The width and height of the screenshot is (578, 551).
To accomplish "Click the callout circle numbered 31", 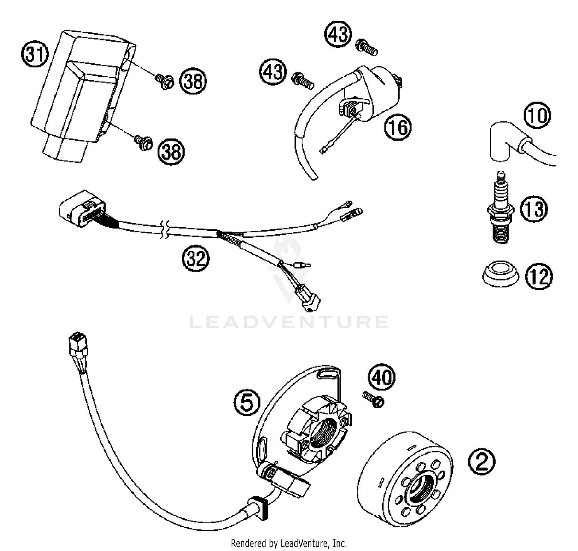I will [x=34, y=54].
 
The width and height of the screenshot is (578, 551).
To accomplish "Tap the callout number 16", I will [x=398, y=127].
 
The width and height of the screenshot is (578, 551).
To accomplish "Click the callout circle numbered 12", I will [x=539, y=276].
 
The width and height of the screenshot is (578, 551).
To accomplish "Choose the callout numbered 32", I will [x=195, y=259].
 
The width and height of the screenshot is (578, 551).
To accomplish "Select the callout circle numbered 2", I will [x=482, y=462].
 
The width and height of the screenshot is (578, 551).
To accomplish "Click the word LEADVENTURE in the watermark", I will [x=289, y=322].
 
